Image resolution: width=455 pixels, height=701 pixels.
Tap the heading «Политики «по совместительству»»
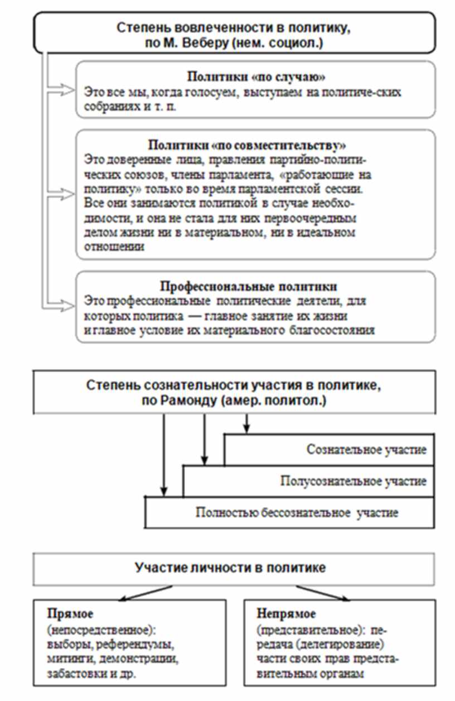247,145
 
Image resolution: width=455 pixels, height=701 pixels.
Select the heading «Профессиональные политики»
249,287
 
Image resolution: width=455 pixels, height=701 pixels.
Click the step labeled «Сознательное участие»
366,450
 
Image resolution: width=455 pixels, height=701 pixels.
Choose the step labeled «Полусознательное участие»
354,481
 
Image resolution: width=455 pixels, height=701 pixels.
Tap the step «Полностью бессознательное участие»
297,512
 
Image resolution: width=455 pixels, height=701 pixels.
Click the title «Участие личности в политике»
230,568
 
